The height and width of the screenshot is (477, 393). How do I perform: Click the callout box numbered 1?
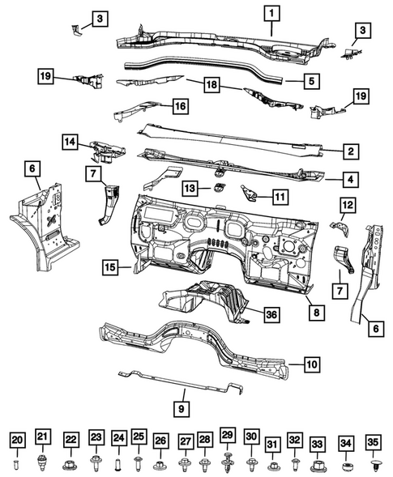272,13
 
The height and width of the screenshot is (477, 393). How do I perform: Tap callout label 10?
312,364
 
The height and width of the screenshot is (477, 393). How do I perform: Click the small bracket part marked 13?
219,189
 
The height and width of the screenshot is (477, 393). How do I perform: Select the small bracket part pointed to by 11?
250,193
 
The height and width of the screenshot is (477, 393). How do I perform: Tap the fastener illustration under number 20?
18,462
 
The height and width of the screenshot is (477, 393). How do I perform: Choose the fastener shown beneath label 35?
374,464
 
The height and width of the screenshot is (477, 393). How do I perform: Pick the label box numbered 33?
318,444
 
